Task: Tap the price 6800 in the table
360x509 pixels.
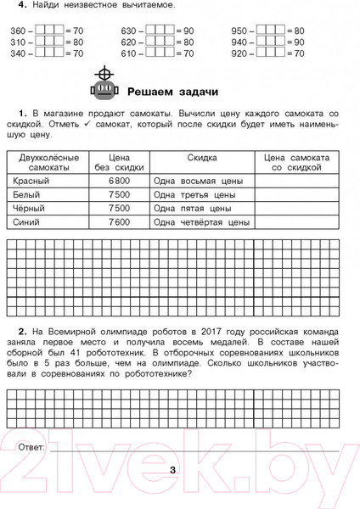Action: click(x=119, y=182)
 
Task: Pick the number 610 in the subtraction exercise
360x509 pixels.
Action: click(x=131, y=53)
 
